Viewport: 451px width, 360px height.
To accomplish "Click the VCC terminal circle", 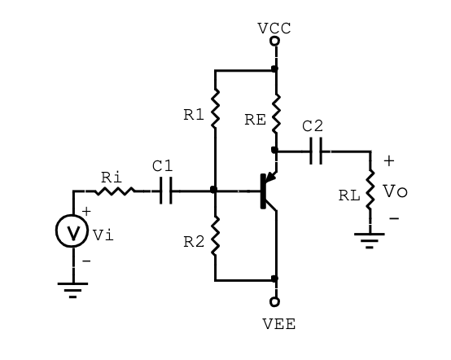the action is pyautogui.click(x=274, y=42).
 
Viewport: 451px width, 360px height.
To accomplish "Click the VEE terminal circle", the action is pyautogui.click(x=274, y=301).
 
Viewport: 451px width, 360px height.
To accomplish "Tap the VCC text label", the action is pyautogui.click(x=274, y=29).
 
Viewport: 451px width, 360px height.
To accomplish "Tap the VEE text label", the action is pyautogui.click(x=278, y=324).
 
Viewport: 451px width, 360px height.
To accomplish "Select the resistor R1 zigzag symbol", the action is pyautogui.click(x=215, y=108).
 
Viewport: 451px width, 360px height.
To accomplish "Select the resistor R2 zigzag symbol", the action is pyautogui.click(x=215, y=236).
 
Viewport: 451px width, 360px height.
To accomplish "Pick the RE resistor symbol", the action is pyautogui.click(x=276, y=113).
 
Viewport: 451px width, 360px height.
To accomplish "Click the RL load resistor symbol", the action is pyautogui.click(x=370, y=189).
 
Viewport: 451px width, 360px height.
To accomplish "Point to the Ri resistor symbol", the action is pyautogui.click(x=115, y=191).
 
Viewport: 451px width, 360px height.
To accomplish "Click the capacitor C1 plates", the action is pyautogui.click(x=166, y=191).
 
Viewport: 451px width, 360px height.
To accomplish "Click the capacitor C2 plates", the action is pyautogui.click(x=316, y=151).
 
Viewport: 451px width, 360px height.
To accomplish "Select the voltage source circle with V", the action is pyautogui.click(x=72, y=230).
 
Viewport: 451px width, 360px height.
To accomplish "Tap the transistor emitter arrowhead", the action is pyautogui.click(x=270, y=177).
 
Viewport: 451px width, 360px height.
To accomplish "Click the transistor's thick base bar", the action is pyautogui.click(x=263, y=191).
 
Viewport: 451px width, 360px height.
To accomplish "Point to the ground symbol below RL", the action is pyautogui.click(x=370, y=240).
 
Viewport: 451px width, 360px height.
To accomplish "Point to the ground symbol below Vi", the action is pyautogui.click(x=72, y=290).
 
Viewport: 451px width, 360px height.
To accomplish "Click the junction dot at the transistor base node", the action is pyautogui.click(x=214, y=190).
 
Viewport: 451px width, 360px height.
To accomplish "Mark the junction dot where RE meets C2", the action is pyautogui.click(x=274, y=150).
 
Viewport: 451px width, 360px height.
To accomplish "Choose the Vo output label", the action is pyautogui.click(x=395, y=191).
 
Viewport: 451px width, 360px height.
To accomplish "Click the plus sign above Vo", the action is pyautogui.click(x=389, y=161).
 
